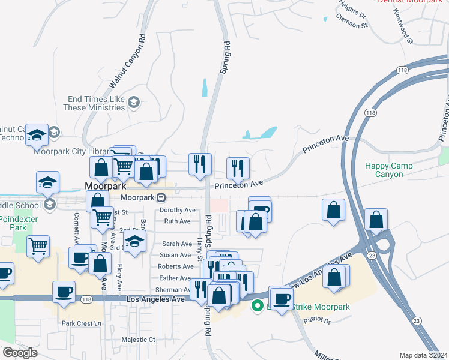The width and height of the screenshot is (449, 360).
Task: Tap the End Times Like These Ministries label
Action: point(96,103)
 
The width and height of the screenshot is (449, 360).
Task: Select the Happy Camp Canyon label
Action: point(394,170)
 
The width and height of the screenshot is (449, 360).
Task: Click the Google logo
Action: point(20,353)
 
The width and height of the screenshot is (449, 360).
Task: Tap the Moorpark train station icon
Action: point(161,197)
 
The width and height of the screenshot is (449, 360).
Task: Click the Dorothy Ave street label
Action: point(178,211)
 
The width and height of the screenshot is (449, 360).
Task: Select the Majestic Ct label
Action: point(138,340)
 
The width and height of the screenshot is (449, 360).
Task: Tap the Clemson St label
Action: point(352,26)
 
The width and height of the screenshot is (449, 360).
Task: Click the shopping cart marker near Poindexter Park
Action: point(38,245)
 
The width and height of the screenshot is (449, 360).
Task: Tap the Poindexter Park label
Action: point(19,223)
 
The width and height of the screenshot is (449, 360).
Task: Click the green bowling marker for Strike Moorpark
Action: point(258,306)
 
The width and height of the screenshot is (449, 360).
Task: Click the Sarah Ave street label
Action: point(177,244)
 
